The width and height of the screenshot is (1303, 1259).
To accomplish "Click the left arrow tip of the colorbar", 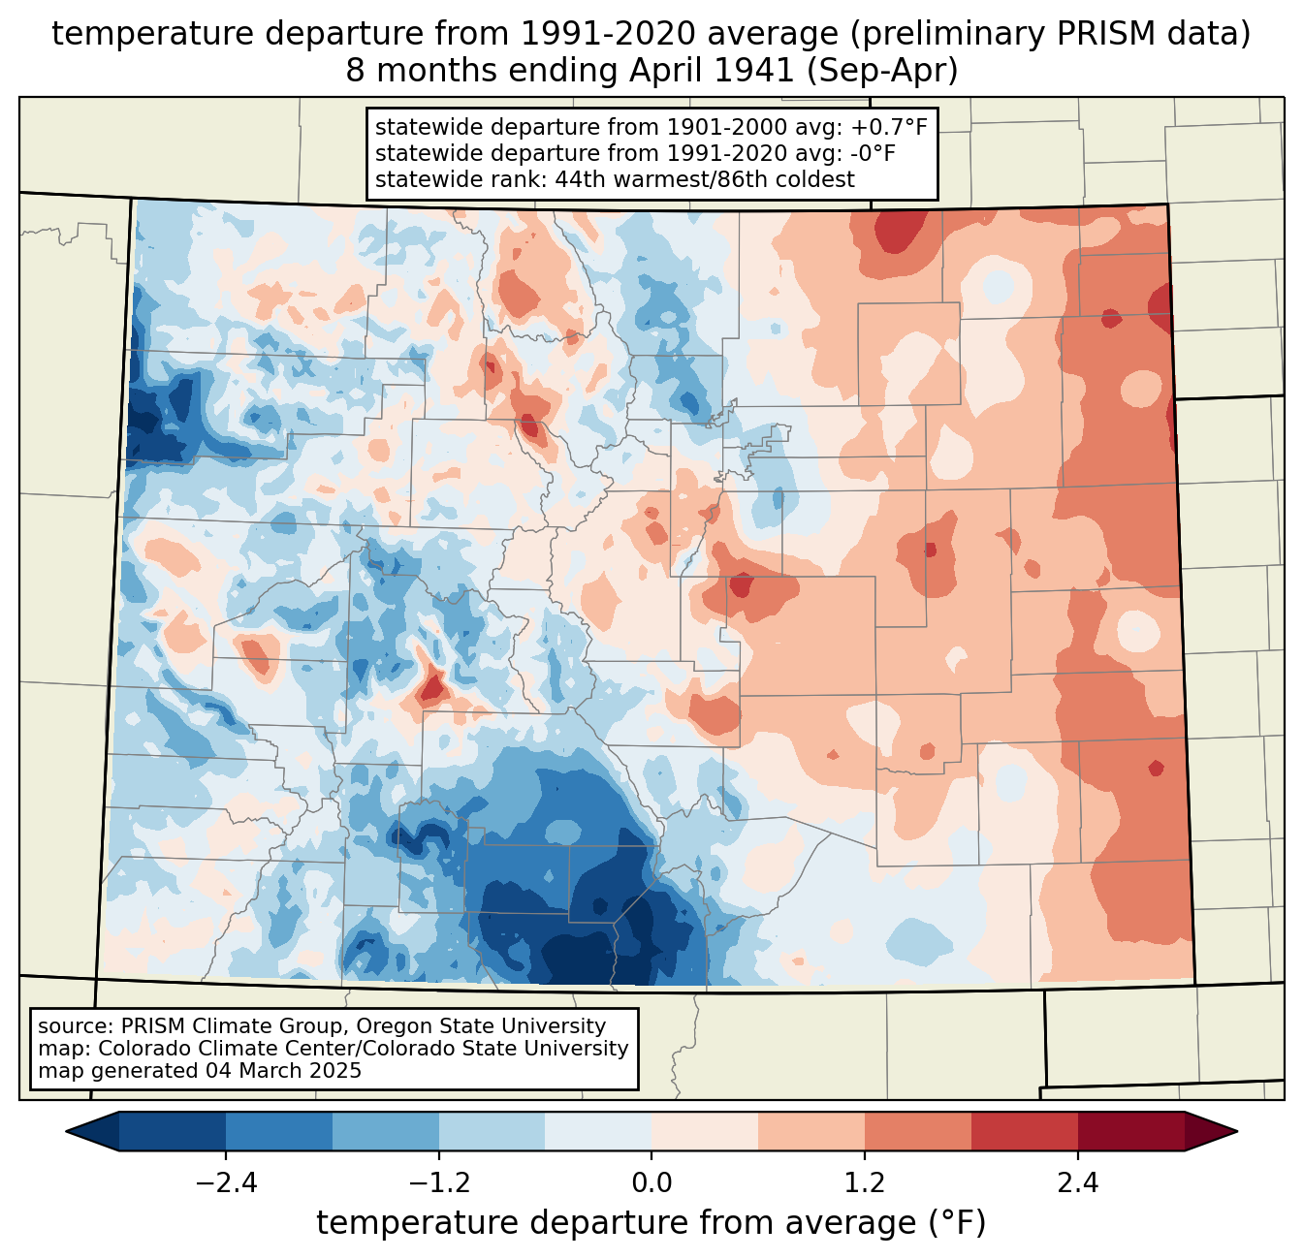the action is click(67, 1131).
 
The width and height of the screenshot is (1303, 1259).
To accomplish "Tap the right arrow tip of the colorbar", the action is click(1237, 1131).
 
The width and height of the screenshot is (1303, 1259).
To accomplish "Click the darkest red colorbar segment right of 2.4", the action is click(1131, 1131).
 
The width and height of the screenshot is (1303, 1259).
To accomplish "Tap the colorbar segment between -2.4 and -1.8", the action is click(279, 1131).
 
